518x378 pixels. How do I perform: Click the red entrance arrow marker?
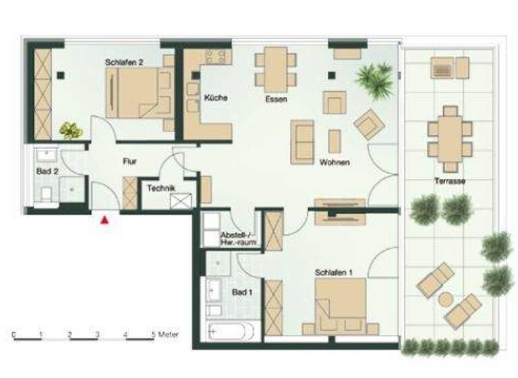[105, 219]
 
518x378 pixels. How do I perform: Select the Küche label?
[216, 98]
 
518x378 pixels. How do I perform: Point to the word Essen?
[276, 99]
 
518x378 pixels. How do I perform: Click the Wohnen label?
[335, 163]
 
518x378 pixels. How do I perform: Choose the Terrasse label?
[451, 181]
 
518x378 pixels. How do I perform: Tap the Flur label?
[130, 162]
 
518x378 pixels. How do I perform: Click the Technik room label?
[161, 188]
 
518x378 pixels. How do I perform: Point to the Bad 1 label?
[241, 293]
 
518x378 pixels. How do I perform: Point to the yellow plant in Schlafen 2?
[69, 129]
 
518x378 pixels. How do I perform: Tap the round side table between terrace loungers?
[447, 298]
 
